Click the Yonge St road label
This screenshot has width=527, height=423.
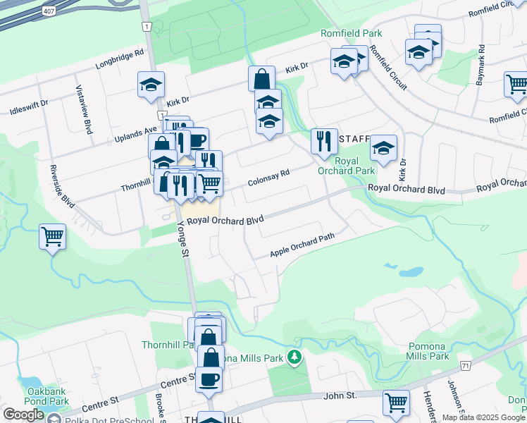coord(185,239)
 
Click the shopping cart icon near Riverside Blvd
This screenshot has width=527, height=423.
coord(53,236)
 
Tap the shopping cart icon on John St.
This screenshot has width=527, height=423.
coord(396,403)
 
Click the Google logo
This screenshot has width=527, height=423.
coord(23,415)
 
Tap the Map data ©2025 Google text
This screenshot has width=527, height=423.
coord(483,417)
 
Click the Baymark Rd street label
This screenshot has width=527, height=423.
coord(480,66)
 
